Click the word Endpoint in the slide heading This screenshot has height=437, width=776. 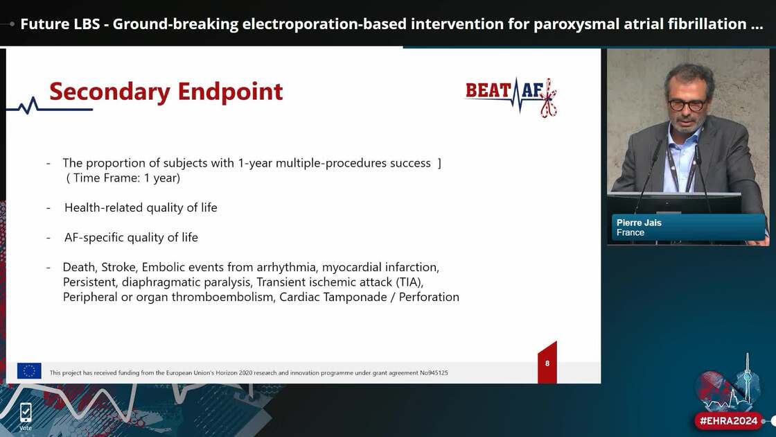pos(230,92)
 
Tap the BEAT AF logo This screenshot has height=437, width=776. pos(511,96)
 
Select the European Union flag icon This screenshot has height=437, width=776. pos(29,371)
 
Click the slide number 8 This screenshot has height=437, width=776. pos(547,363)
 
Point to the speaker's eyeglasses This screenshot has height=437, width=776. pos(687,105)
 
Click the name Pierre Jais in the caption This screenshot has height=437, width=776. pos(639,223)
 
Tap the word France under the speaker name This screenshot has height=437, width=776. pos(630,232)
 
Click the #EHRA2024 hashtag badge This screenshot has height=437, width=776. pos(728,420)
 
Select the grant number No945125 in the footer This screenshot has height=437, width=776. pos(434,372)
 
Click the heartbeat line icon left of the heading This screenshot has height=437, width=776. pos(28,106)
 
